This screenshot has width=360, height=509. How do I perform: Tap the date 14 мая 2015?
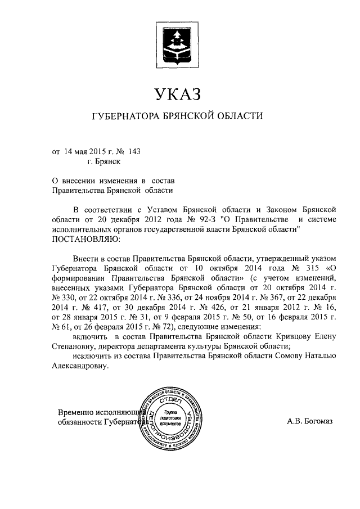(83, 151)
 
